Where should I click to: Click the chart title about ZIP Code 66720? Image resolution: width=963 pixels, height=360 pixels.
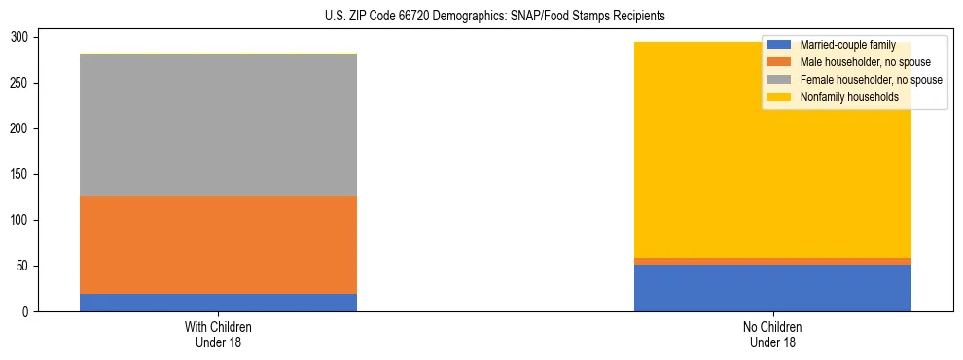(x=495, y=17)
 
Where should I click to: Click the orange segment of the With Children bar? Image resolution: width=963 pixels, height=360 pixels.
(x=218, y=244)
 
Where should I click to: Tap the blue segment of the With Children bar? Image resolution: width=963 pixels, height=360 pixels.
(x=218, y=303)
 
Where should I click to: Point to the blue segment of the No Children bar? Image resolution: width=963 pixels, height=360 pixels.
(x=772, y=288)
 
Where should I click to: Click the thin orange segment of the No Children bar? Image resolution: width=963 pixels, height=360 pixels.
(x=772, y=261)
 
